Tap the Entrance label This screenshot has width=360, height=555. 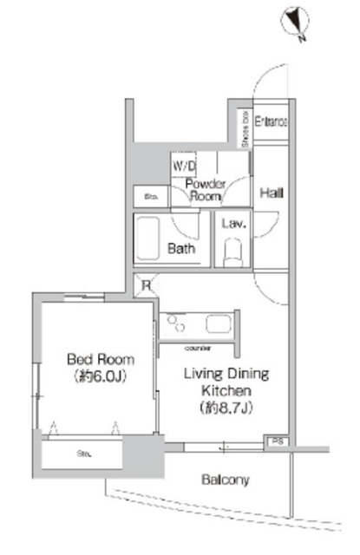[x=272, y=123]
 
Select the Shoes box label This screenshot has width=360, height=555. [x=245, y=128]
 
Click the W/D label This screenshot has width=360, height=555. [x=183, y=164]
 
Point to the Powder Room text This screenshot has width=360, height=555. [x=206, y=189]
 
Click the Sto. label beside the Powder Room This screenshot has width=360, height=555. [x=150, y=196]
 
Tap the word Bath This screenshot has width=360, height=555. [x=181, y=249]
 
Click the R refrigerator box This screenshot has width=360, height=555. [x=147, y=284]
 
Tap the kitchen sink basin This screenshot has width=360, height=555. [x=216, y=324]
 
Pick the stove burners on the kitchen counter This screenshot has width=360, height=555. [x=178, y=326]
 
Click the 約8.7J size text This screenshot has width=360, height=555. [x=226, y=406]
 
